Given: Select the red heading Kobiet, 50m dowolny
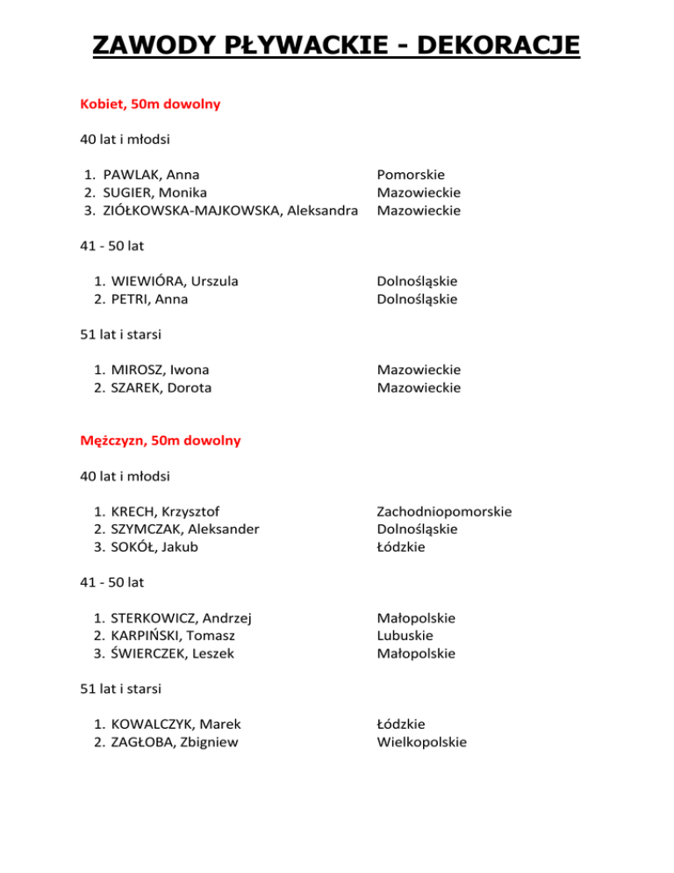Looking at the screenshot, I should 149,104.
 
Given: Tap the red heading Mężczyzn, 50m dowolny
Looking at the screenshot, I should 160,441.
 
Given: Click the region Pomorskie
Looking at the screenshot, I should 411,175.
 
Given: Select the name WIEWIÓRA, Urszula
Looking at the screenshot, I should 175,281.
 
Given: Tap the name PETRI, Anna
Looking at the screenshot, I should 149,299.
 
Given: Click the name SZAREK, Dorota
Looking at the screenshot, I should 161,387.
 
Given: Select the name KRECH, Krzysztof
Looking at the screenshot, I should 165,511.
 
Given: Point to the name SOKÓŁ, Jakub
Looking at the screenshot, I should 154,547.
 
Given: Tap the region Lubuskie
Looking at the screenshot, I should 404,635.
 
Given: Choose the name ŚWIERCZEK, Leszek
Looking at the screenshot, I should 173,653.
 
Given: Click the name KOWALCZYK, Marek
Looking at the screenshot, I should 176,724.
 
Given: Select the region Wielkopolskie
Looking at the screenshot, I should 421,742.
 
